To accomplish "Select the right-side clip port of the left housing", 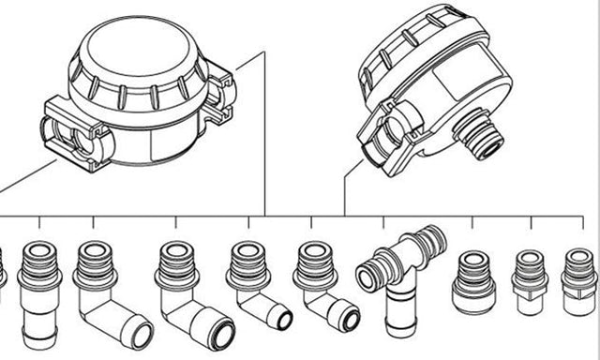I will pos(219,94).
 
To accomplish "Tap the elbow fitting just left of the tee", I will pos(323,286).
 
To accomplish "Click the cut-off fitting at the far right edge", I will pos(578,281).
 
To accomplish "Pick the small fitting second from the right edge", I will pos(530,279).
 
